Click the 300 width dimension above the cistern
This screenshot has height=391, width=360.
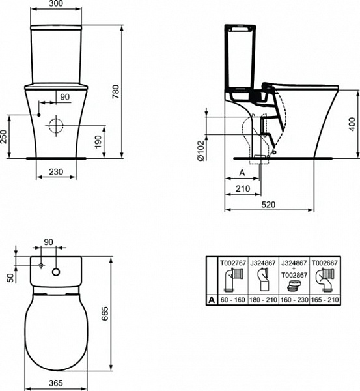click(57, 5)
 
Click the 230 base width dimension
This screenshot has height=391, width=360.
click(57, 171)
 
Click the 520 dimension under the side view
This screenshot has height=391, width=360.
click(270, 204)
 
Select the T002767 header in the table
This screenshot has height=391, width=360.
click(232, 262)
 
